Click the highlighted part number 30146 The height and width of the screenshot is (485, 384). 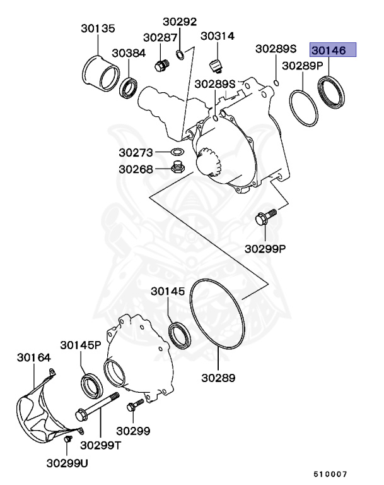pos(334,50)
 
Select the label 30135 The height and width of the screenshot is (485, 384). pos(98,28)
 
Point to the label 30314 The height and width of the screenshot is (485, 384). pos(218,37)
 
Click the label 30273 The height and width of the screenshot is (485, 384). pos(136,152)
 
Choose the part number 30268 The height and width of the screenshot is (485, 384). pos(136,169)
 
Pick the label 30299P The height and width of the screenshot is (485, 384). pos(265,248)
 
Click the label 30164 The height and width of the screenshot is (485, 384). pos(33,357)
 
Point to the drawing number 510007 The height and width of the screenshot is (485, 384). pos(332,474)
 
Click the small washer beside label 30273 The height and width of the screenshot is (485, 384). pos(177,152)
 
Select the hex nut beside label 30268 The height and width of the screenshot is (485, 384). pos(178,168)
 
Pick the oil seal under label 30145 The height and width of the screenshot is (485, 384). pos(180,334)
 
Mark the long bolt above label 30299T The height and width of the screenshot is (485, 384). pos(98,406)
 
